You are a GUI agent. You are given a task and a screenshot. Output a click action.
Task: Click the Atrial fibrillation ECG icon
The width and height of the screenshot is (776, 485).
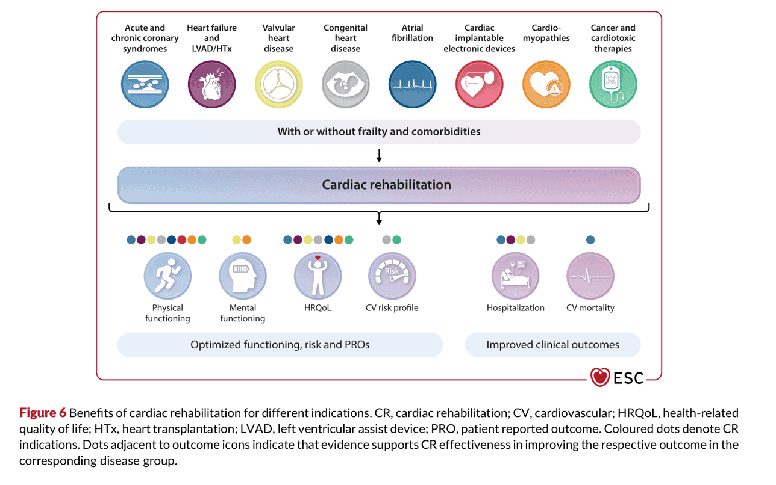coord(412,84)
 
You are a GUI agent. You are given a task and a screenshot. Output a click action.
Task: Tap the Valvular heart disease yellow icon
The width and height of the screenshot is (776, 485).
coord(278,84)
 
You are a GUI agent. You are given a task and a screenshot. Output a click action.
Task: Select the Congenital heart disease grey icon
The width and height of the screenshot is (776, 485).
coord(345,84)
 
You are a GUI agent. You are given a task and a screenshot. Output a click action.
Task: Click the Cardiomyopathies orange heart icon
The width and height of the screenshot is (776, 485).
coord(546,84)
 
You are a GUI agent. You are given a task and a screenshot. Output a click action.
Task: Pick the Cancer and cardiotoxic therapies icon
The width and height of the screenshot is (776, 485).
coord(613,84)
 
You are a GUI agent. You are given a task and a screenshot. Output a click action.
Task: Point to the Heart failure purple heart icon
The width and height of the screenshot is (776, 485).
coord(211,84)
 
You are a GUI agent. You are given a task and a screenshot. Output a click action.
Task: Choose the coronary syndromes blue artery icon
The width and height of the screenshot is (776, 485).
coord(145,84)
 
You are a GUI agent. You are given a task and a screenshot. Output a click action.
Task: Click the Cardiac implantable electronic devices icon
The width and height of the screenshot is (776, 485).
coord(479,84)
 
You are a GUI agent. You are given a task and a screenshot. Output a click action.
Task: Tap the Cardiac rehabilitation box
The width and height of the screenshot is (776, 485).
coord(379,185)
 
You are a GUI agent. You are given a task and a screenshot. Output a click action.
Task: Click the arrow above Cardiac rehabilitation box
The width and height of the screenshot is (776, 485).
coord(379,156)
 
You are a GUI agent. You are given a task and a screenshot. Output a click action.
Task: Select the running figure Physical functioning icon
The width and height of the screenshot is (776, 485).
coord(167,276)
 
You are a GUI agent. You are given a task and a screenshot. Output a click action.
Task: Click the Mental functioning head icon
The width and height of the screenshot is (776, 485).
coord(242,276)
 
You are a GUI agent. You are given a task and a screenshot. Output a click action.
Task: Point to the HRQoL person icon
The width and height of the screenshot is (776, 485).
coord(318,276)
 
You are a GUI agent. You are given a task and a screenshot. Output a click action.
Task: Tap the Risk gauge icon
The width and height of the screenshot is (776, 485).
coord(392,276)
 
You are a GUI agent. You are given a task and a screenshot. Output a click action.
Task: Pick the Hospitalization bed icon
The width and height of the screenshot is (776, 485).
coord(515,276)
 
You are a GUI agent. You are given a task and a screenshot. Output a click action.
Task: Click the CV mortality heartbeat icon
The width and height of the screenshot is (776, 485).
coord(590,276)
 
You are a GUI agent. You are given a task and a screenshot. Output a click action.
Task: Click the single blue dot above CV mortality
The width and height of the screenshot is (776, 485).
coord(590,239)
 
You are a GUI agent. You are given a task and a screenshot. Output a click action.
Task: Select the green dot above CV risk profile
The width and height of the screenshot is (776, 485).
coord(396,239)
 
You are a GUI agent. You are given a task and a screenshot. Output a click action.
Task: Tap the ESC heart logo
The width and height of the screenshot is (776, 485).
coord(600,377)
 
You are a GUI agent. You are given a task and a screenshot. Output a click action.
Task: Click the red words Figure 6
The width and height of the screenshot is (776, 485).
coord(43,413)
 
